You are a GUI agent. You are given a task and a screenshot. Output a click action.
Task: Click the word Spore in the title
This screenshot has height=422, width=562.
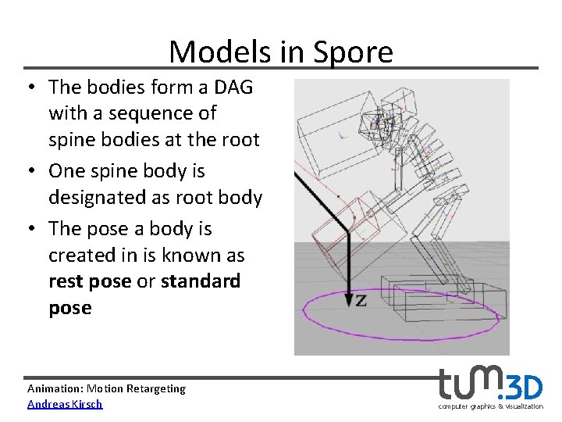tap(352, 52)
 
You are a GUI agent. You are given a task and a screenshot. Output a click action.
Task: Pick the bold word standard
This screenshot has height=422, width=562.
tap(201, 281)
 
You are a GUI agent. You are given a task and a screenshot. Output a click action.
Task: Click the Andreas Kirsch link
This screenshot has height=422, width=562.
tap(65, 404)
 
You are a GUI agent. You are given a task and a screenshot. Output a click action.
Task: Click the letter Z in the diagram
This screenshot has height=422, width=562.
tap(361, 300)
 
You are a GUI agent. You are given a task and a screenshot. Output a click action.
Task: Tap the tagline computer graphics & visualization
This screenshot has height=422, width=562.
tap(490, 406)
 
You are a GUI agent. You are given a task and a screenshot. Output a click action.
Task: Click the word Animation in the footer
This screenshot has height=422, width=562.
tap(55, 388)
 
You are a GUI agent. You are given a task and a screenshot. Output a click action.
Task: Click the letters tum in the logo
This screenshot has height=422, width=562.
tap(471, 384)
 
